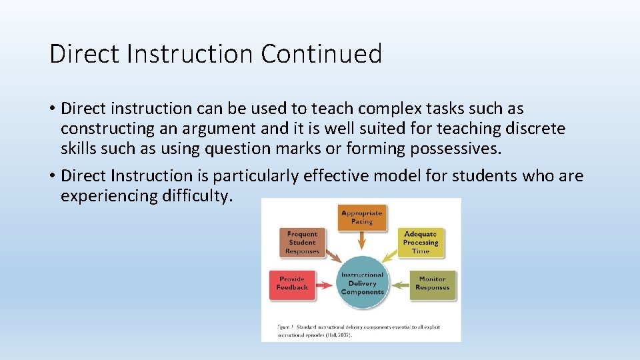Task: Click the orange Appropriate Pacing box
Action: point(362,217)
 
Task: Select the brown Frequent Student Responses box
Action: point(302,243)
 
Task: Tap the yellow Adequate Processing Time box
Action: point(421,243)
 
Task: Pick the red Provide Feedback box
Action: point(292,283)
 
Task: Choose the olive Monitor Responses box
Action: point(432,283)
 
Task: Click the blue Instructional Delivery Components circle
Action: point(362,283)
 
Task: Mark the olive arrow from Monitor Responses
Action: point(401,285)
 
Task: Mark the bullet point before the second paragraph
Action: point(53,177)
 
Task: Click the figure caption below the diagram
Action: point(359,331)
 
